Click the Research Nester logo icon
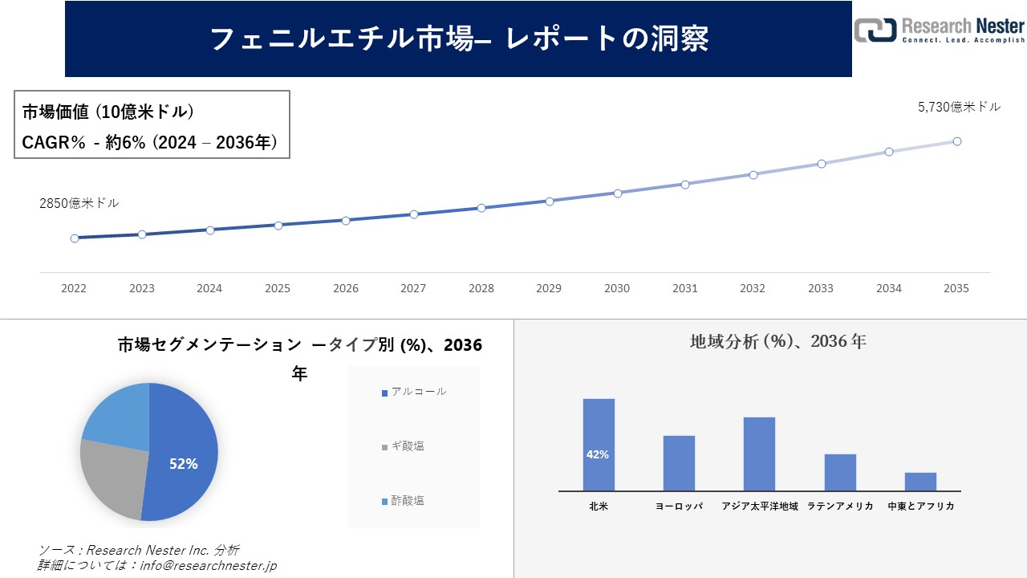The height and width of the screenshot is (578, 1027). click(875, 30)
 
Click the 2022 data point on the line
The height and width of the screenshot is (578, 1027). click(75, 238)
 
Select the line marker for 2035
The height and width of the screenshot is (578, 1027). click(956, 141)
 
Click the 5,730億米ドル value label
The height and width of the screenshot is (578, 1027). click(959, 107)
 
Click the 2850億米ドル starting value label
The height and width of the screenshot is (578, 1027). click(79, 204)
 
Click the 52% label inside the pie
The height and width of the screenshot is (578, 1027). click(183, 464)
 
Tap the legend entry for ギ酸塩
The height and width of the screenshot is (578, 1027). click(408, 446)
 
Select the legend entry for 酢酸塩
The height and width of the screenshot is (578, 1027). click(408, 501)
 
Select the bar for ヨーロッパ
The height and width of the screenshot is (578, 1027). click(679, 463)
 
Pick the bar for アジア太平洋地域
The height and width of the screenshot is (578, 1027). click(759, 454)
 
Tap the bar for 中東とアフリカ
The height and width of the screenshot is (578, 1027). click(920, 482)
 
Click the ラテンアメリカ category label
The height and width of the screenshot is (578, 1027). click(840, 507)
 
